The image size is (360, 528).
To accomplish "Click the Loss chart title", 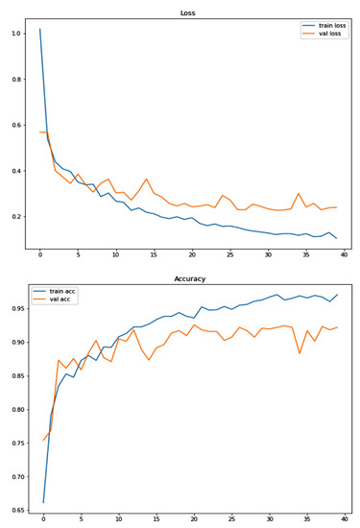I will coord(187,13).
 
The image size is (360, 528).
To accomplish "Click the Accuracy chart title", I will coord(187,280).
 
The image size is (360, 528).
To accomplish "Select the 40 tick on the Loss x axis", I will coord(344,255).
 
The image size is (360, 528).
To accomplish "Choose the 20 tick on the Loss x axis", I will coord(192,255).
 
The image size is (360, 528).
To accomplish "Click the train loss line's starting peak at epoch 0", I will coord(40,29).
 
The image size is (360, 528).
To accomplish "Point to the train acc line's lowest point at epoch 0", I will coord(43,502).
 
